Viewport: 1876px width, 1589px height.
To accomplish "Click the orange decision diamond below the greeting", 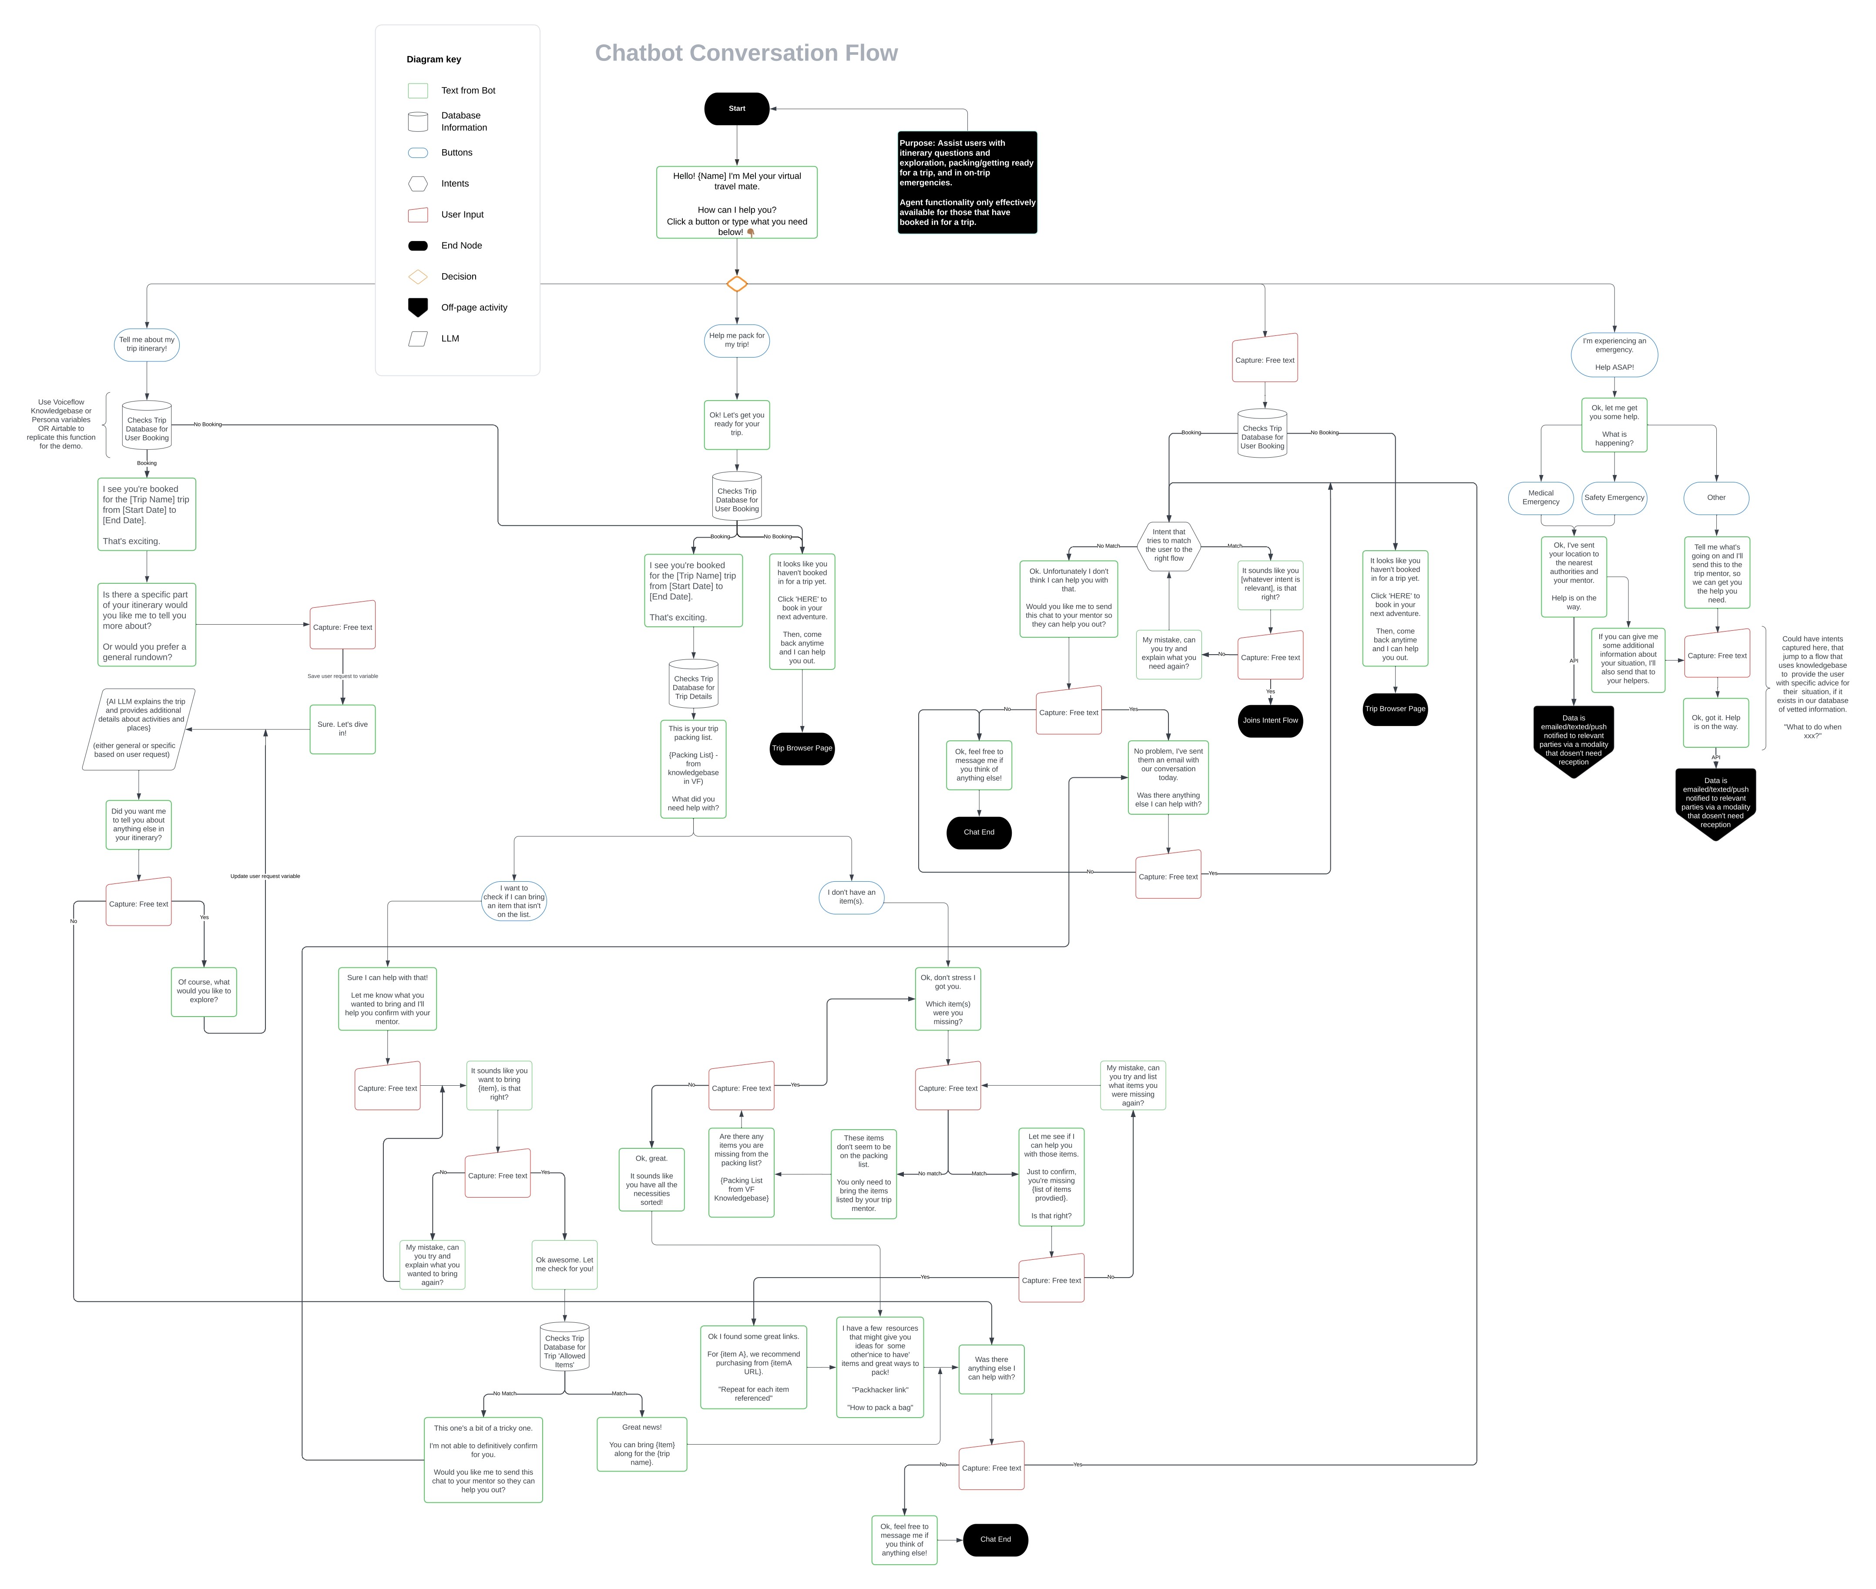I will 736,284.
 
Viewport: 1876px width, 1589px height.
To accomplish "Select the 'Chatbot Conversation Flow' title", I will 746,53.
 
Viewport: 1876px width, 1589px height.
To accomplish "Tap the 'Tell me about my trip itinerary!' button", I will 147,344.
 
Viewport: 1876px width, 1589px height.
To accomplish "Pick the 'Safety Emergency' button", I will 1614,497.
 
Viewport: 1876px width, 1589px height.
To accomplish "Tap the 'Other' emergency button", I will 1715,497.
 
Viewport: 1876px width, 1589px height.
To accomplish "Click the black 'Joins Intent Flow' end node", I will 1269,721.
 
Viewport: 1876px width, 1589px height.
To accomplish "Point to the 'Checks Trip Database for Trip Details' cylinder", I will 693,686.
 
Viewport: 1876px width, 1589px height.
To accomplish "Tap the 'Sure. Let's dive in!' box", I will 342,729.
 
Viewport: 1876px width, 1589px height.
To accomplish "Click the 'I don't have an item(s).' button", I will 851,897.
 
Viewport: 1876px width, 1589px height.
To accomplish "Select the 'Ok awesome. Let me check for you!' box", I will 564,1265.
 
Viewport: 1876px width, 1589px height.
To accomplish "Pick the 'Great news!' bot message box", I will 641,1444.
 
